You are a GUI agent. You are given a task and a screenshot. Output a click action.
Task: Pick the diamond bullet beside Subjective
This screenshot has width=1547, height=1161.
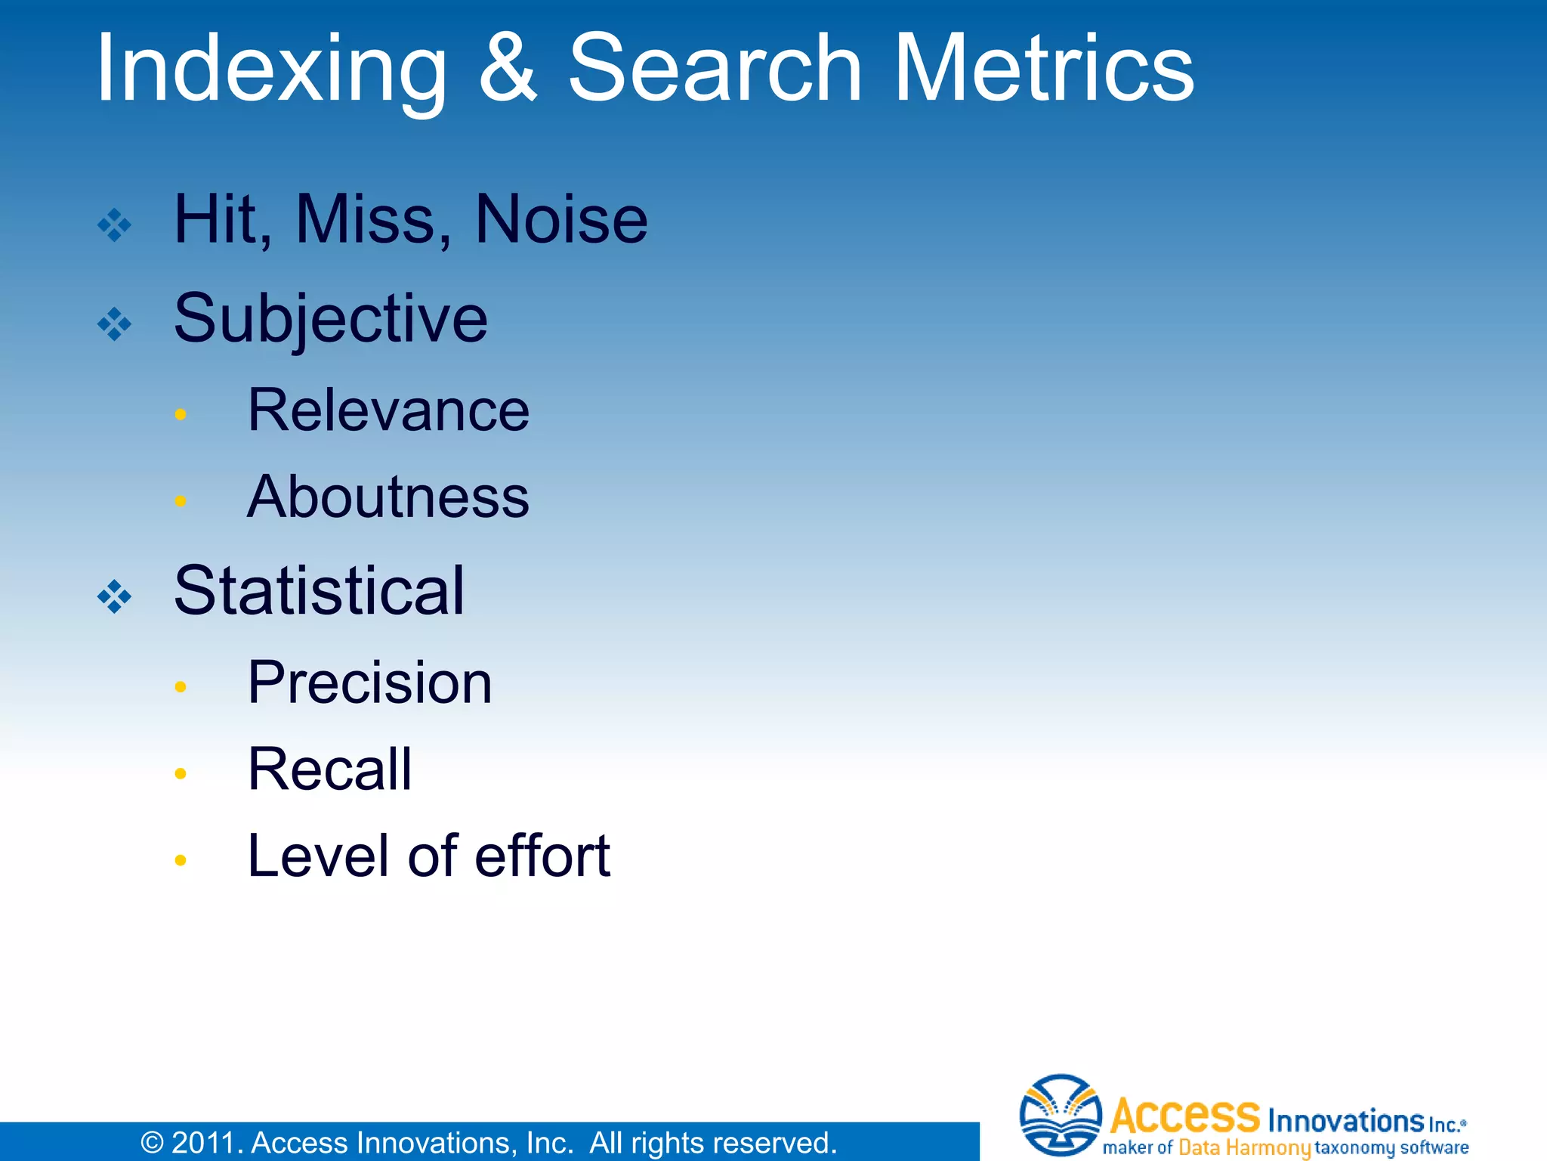coord(115,324)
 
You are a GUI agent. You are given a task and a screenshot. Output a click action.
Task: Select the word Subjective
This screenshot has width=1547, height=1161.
coord(331,319)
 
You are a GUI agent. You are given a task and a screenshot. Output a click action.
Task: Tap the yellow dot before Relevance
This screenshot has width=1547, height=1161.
coord(180,413)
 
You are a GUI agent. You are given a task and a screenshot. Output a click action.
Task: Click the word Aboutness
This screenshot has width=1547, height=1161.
coord(388,497)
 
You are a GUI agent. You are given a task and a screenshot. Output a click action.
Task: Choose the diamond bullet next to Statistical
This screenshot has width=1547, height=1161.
coord(115,596)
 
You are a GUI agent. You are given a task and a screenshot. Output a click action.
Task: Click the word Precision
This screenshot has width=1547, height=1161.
coord(370,682)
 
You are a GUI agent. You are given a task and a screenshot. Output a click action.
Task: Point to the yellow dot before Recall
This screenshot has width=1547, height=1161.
coord(180,773)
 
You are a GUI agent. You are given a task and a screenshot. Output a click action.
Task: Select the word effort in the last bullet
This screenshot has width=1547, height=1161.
coord(542,856)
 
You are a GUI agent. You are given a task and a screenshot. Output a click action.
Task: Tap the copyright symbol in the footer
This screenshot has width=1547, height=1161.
coord(152,1143)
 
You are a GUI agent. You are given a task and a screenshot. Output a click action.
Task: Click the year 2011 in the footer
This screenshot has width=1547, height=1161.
coord(202,1143)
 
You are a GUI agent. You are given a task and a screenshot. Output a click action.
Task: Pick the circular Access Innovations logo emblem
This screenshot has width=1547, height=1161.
coord(1061,1114)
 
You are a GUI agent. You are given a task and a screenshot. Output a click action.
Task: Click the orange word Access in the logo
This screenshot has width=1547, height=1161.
coord(1185,1115)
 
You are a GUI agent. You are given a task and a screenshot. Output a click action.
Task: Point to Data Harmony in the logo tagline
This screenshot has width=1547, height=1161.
coord(1244,1147)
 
